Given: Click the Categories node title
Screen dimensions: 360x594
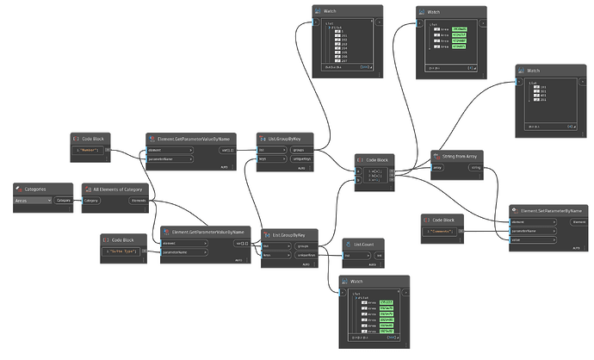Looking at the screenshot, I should [x=37, y=188].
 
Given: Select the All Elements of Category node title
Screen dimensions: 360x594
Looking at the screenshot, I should [x=117, y=188].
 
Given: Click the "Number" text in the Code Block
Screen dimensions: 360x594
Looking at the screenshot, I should [x=89, y=150].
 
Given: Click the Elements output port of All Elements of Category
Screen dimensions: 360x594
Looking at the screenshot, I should [x=137, y=200].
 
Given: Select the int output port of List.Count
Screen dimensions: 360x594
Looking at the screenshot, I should [x=379, y=256].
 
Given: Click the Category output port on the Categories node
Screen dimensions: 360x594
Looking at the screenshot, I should [x=64, y=200].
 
